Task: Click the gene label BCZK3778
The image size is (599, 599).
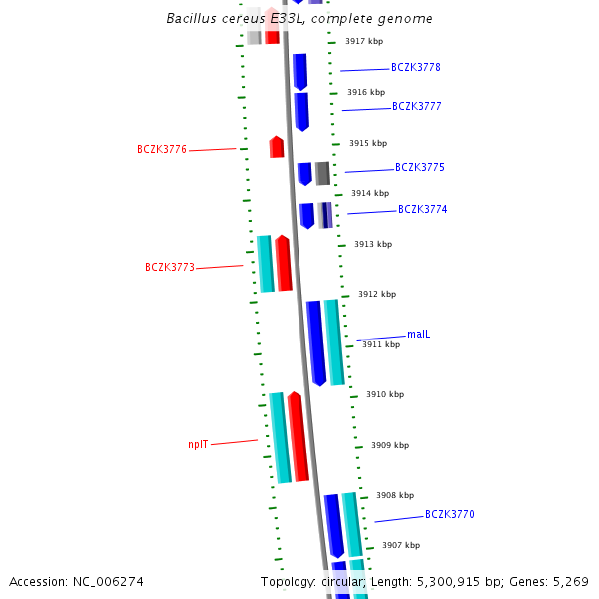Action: [x=415, y=68]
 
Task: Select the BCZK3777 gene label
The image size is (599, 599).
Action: [x=416, y=106]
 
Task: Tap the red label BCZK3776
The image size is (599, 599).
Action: [x=162, y=149]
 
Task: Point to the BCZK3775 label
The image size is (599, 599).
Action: [x=419, y=168]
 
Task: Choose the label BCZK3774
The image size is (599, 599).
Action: [x=422, y=210]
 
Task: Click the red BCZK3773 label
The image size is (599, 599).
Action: [x=169, y=268]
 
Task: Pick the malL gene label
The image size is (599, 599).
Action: [x=418, y=334]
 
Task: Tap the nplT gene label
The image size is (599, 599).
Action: [x=198, y=445]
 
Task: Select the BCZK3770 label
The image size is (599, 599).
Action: [x=449, y=515]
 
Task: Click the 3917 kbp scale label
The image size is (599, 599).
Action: [x=363, y=42]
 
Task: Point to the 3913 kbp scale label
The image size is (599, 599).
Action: [x=372, y=244]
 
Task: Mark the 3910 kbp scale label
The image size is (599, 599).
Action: [x=384, y=394]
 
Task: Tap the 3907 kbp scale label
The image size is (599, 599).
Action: [x=400, y=545]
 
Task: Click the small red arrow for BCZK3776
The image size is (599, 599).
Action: [x=277, y=147]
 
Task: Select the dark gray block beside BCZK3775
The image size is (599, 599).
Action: [x=322, y=173]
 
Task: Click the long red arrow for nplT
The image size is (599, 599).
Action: [x=298, y=437]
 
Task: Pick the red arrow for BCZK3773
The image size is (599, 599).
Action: [x=284, y=263]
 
